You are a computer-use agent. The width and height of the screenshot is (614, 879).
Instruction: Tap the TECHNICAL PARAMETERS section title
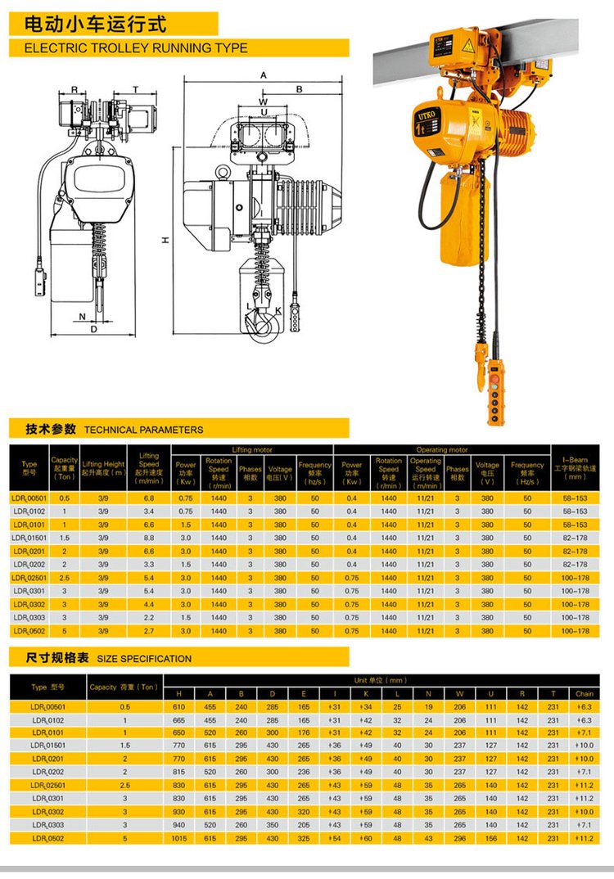point(143,429)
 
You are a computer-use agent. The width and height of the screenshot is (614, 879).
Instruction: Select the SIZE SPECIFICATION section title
point(144,658)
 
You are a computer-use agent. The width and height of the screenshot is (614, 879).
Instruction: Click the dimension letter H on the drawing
point(165,240)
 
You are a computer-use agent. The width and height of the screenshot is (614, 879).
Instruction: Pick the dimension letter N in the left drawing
point(82,315)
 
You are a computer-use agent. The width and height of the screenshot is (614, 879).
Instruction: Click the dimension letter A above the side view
point(264,75)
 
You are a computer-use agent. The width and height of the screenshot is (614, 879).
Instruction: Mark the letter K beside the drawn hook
point(278,310)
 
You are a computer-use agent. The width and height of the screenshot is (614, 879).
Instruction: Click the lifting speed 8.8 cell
point(148,538)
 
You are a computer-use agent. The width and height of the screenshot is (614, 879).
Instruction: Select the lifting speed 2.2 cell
point(148,618)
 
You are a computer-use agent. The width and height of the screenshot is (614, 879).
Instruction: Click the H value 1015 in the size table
point(178,838)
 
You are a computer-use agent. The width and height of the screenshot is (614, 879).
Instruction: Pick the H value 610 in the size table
point(178,706)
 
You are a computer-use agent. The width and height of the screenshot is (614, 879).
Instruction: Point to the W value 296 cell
point(459,838)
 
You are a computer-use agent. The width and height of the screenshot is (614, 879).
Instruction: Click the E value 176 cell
point(304,732)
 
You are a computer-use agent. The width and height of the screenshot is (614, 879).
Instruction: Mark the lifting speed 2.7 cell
point(148,631)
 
